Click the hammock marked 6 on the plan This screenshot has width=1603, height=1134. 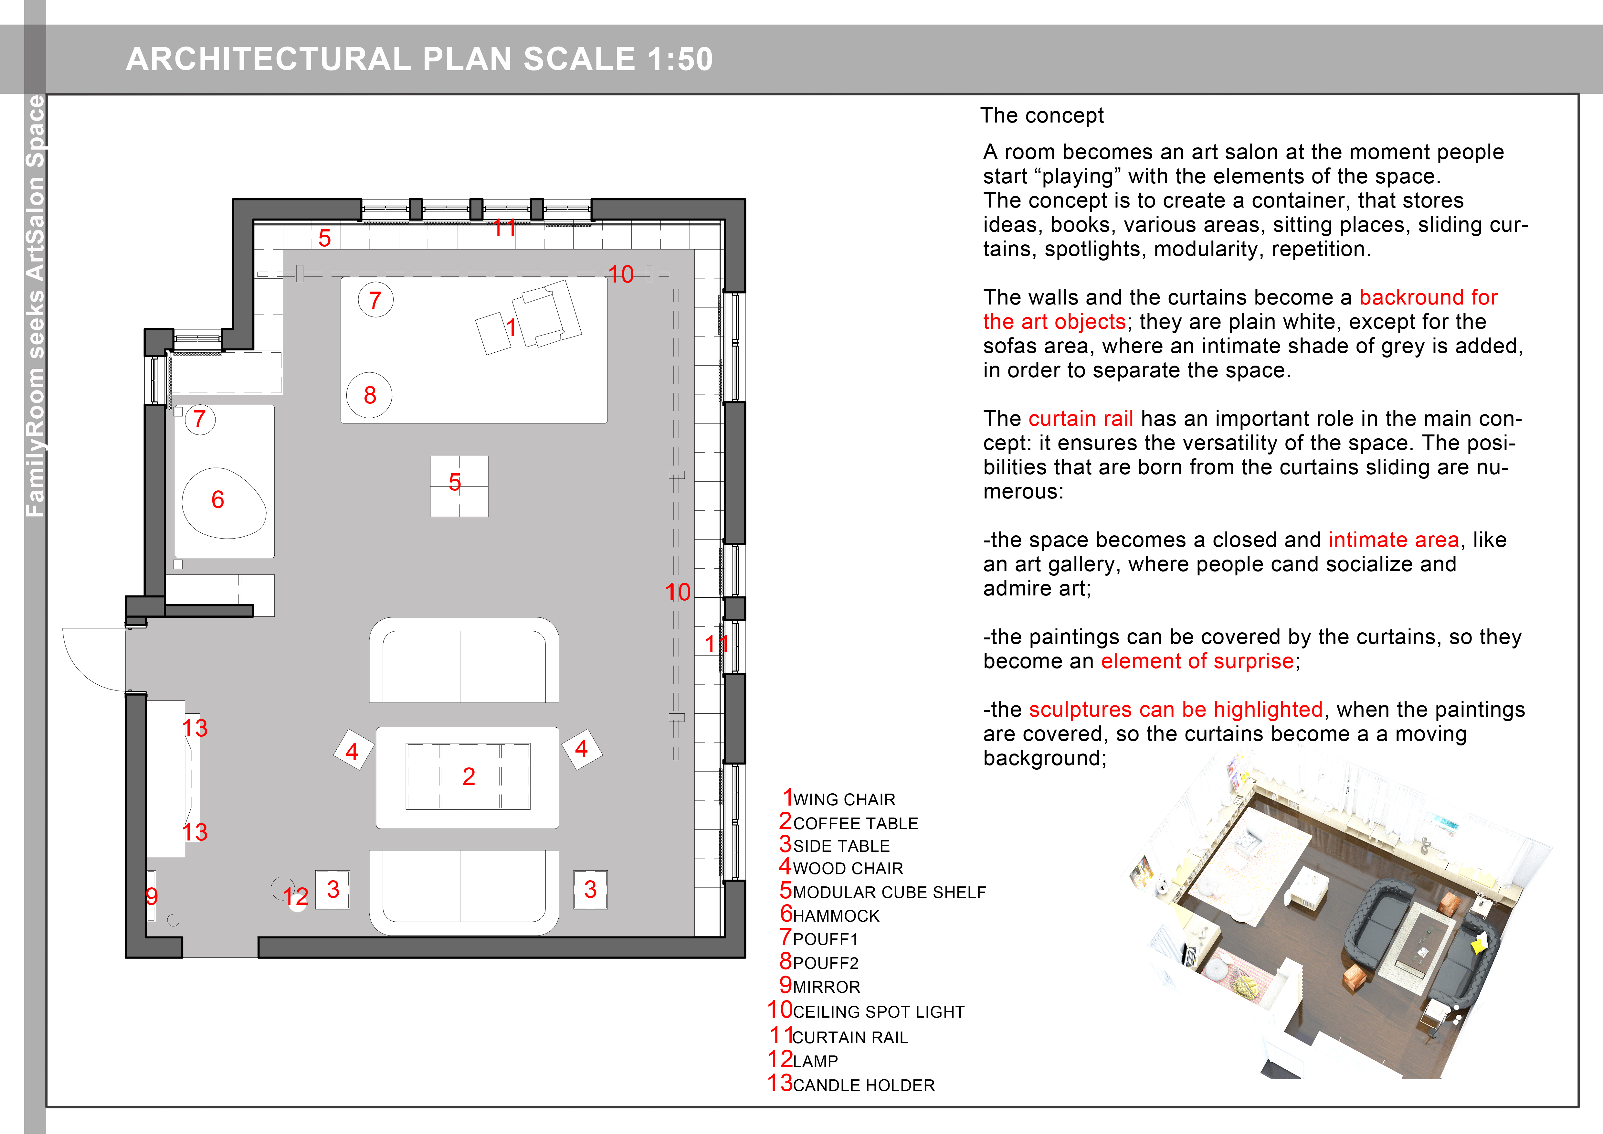[223, 503]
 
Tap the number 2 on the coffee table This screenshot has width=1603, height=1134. [469, 776]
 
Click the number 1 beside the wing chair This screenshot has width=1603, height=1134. [511, 327]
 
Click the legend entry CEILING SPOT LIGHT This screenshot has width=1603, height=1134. [878, 1012]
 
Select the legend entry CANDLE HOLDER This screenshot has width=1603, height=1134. [863, 1085]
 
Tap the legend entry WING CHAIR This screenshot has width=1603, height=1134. [843, 799]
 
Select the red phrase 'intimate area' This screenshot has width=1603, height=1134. [1394, 540]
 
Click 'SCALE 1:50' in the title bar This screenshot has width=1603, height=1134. [618, 59]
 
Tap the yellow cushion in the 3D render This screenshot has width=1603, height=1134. [1478, 946]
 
